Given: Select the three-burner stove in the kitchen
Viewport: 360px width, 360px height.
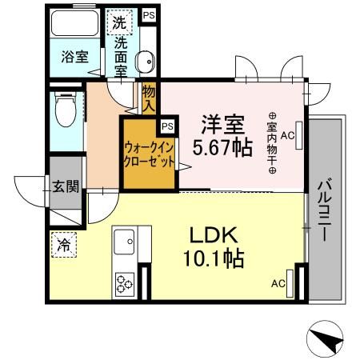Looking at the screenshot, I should [126, 283].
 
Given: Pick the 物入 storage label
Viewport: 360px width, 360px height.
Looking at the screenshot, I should [149, 98].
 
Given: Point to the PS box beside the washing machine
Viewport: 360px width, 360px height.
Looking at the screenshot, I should [147, 15].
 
